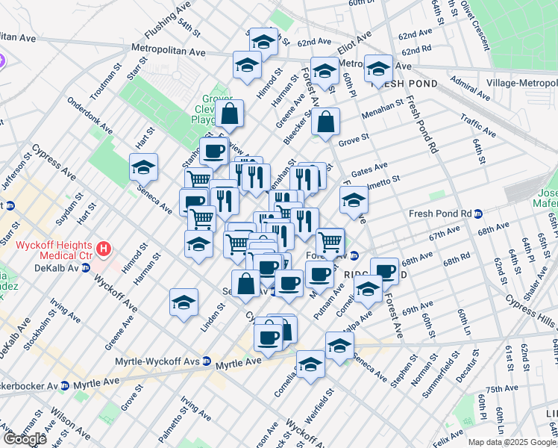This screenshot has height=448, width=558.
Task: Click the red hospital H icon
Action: (105, 247)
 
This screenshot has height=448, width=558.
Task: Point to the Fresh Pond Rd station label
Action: (442, 214)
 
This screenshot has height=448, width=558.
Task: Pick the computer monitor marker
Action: (193, 201)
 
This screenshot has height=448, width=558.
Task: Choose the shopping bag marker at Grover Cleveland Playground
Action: (230, 114)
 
